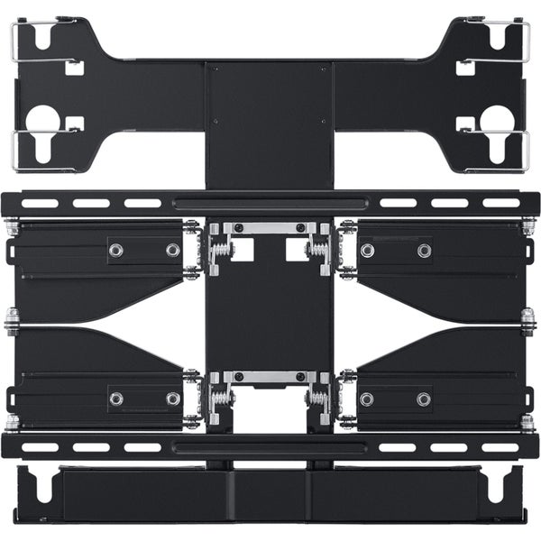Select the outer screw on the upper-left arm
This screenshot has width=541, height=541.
[x=115, y=250]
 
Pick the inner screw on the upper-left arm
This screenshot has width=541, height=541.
[x=171, y=250]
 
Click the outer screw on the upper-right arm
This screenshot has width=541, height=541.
[x=424, y=250]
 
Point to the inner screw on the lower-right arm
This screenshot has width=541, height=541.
[x=367, y=398]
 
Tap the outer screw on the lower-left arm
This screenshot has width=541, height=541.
[x=115, y=398]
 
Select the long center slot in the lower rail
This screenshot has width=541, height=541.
[x=270, y=447]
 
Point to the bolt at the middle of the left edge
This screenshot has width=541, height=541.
[x=13, y=321]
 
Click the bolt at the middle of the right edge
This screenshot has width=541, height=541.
[x=527, y=321]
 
